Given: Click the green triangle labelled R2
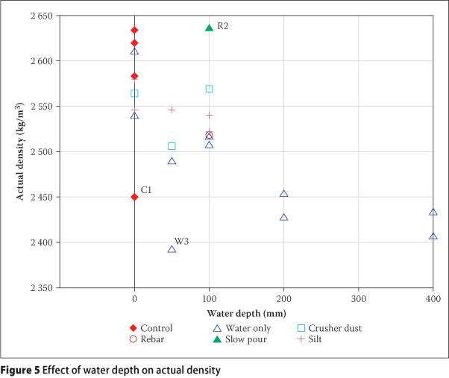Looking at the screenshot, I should (209, 28).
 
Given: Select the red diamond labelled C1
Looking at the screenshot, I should (134, 197).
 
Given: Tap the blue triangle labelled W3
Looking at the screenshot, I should (172, 249).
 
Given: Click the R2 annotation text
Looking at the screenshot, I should (223, 26).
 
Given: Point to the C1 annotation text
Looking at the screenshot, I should (147, 191).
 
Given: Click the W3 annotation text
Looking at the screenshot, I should (182, 241).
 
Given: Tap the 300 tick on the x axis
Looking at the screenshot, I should (358, 298).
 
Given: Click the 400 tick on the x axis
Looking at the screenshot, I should (433, 298).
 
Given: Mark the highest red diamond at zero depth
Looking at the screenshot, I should (134, 31).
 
